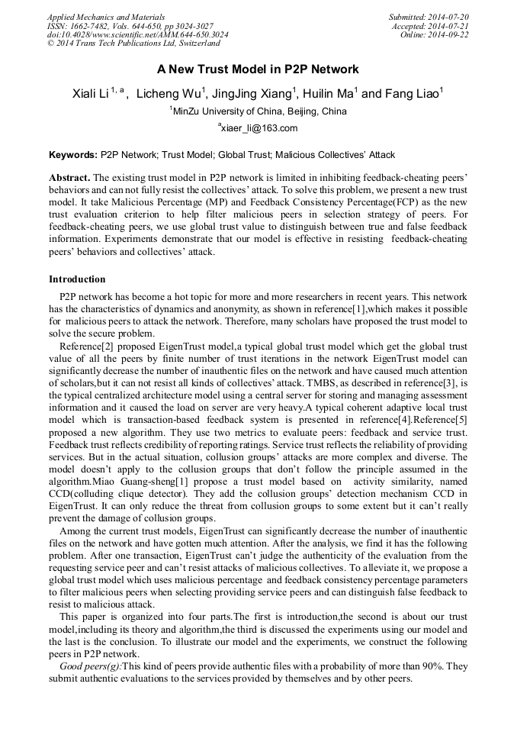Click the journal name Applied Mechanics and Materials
click(x=106, y=16)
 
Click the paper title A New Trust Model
click(x=258, y=69)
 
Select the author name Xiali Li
click(x=91, y=94)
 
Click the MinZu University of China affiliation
click(x=259, y=111)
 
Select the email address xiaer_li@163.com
click(x=259, y=128)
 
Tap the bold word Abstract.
click(x=69, y=176)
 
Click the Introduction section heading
click(x=77, y=279)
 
